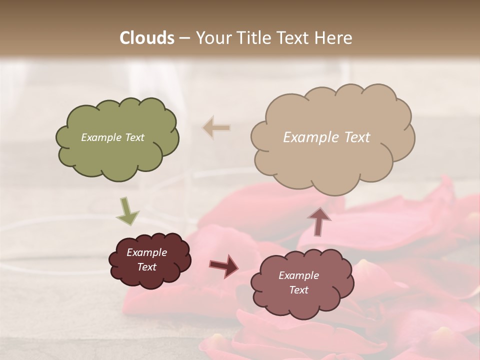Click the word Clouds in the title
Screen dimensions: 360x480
(147, 38)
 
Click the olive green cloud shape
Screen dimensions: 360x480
(116, 150)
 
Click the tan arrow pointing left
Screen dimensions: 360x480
(216, 128)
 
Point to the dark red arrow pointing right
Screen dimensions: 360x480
(224, 265)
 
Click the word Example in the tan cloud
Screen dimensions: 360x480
(309, 137)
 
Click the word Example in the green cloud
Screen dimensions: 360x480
(100, 137)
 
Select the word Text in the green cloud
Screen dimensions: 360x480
(133, 137)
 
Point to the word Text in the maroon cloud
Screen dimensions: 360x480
(146, 267)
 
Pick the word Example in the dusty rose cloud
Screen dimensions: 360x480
(298, 275)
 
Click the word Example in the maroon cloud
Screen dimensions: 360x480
(146, 252)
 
